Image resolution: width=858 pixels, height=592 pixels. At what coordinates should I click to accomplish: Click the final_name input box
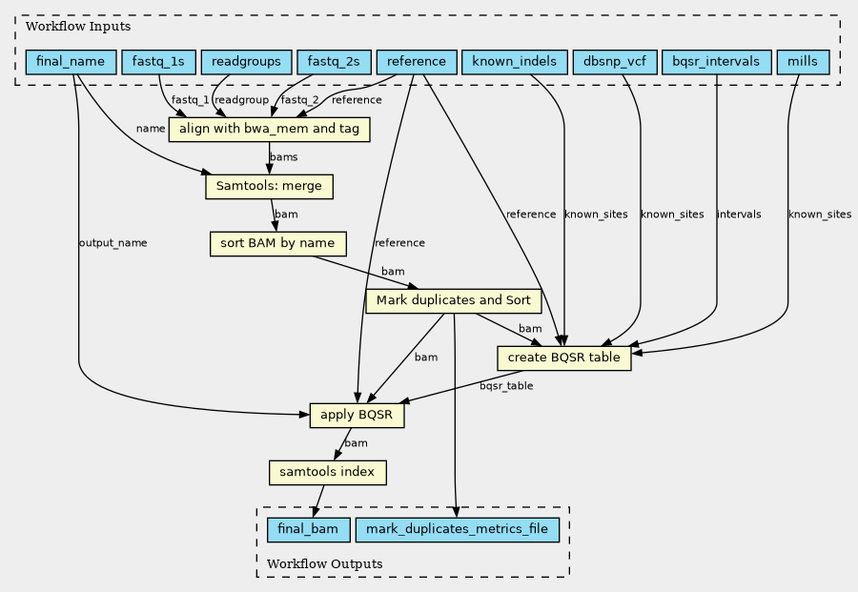pos(71,62)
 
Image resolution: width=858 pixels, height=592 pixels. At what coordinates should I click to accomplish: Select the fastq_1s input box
pos(158,62)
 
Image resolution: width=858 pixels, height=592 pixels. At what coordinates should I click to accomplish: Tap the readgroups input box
pos(246,62)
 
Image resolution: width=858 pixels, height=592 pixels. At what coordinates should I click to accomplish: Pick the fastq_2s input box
pos(334,62)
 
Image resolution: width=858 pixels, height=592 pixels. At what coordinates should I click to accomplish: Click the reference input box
pos(417,62)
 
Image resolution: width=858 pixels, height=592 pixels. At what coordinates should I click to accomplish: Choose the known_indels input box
pos(515,62)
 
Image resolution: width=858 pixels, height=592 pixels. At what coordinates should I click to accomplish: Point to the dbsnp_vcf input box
pos(615,62)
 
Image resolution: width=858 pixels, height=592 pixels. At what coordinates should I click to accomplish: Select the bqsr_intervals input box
pos(716,62)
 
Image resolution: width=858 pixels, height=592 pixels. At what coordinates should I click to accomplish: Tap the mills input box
pos(803,62)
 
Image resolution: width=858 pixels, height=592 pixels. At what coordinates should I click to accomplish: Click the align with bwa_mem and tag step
pos(269,130)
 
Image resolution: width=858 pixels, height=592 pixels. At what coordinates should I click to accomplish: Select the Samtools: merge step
pos(269,187)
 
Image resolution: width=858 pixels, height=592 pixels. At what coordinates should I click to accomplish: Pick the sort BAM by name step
pos(278,243)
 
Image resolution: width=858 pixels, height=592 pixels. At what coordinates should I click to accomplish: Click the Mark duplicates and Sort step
pos(454,301)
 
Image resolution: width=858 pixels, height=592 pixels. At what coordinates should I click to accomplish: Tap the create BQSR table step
pos(564,357)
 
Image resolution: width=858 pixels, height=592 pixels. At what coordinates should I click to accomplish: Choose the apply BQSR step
pos(357,416)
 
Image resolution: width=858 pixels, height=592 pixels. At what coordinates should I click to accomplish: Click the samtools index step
pos(327,473)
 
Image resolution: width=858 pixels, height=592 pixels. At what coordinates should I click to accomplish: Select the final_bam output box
pos(308,530)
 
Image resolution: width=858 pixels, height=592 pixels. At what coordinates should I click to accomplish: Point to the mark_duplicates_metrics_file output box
pos(457,530)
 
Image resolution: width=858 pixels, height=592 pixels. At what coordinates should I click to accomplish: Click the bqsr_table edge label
pos(506,386)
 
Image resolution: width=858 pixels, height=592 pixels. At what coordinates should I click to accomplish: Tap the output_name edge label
pos(112,243)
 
